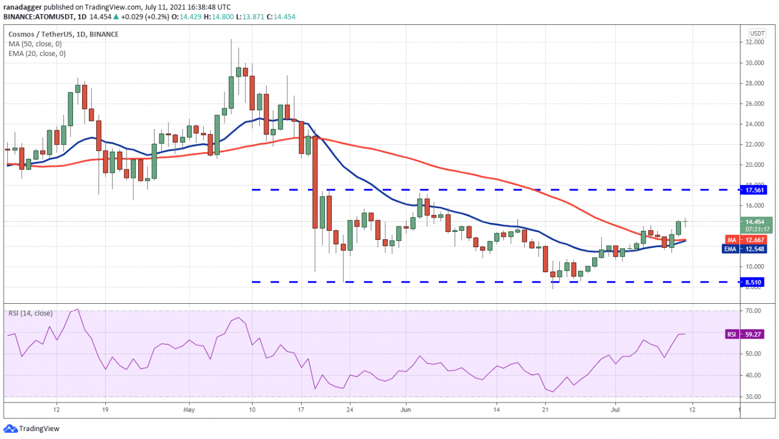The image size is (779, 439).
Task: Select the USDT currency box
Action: [757, 33]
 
